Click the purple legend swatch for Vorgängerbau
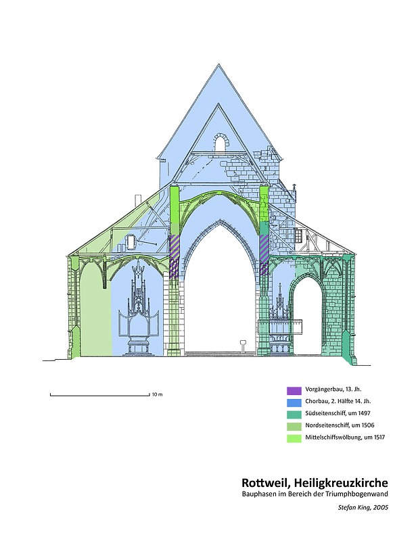[x=294, y=390]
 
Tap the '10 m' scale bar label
[x=157, y=394]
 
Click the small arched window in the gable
[x=220, y=143]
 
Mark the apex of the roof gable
[x=219, y=65]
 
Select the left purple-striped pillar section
[x=175, y=255]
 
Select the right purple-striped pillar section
[x=264, y=255]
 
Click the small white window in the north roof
[x=132, y=241]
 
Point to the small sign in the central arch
[x=243, y=344]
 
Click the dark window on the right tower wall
[x=298, y=236]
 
